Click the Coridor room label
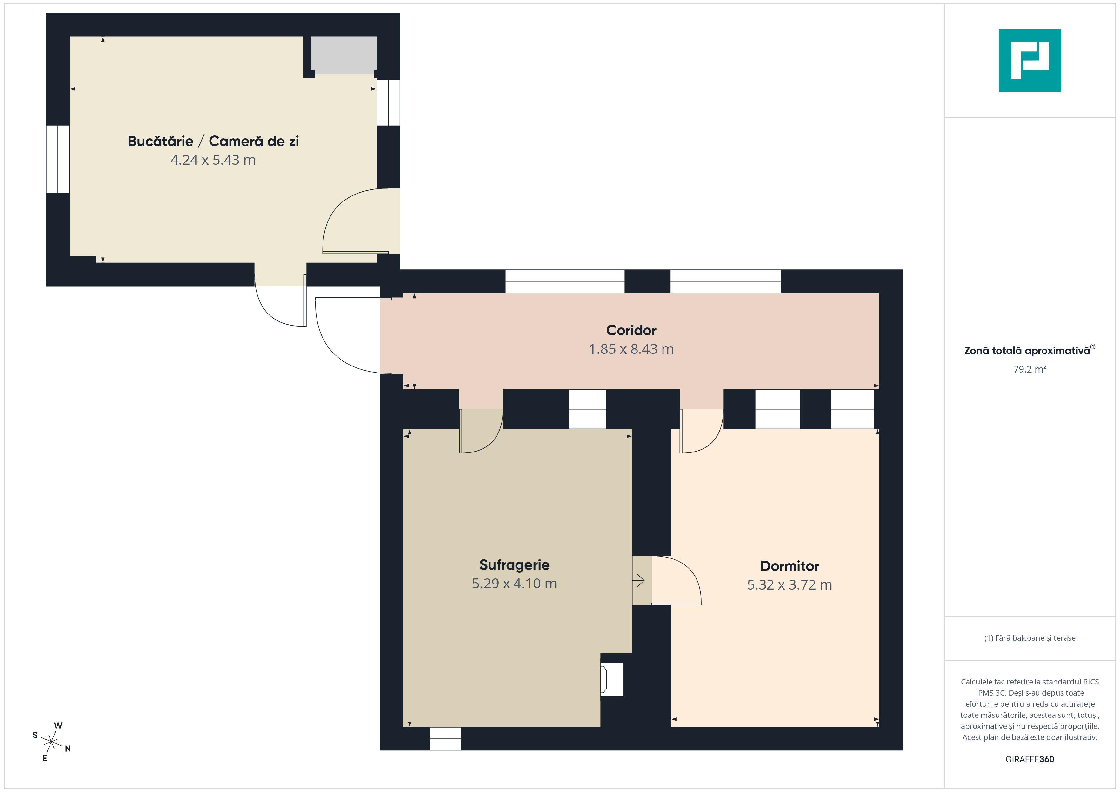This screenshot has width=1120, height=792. [x=631, y=330]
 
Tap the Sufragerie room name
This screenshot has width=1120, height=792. [x=514, y=565]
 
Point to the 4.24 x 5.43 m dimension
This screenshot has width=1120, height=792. [x=213, y=160]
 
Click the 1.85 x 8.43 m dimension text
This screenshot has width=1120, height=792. [x=631, y=349]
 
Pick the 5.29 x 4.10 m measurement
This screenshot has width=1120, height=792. [x=514, y=583]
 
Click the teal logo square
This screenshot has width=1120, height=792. [x=1030, y=61]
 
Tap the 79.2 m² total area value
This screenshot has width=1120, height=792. [x=1030, y=369]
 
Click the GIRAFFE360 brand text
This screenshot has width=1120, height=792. [x=1030, y=759]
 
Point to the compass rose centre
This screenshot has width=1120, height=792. [x=51, y=742]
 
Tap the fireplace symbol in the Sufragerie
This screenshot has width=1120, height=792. [x=612, y=679]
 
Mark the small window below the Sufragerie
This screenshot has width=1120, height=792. [x=445, y=739]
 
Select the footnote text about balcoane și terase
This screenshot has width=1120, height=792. [x=1030, y=638]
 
